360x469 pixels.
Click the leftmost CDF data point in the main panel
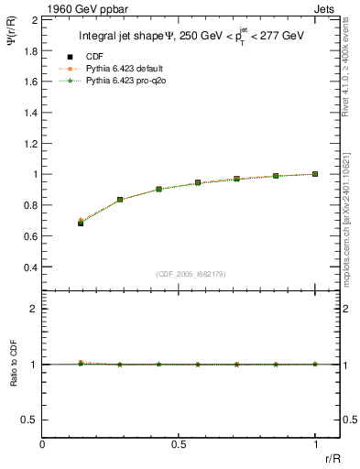(81, 223)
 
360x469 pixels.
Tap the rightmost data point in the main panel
(315, 174)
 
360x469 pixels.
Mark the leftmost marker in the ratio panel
(81, 364)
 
